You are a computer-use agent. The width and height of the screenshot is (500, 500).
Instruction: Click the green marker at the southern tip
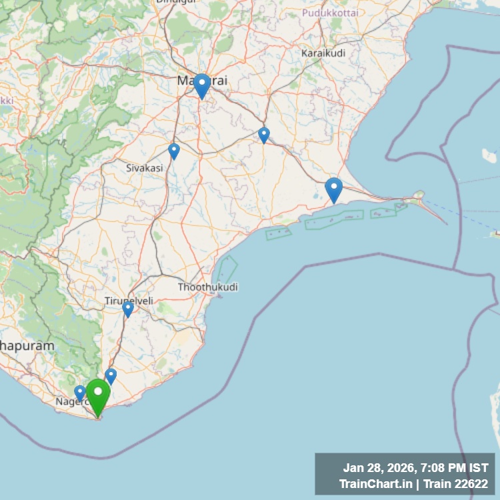click(98, 395)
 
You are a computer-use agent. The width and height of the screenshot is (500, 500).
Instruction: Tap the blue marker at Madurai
click(201, 85)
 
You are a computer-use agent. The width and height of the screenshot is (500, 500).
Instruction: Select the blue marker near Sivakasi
click(174, 151)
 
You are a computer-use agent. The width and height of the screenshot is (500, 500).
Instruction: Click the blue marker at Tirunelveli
click(127, 309)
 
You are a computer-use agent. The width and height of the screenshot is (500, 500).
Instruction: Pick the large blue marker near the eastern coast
click(334, 189)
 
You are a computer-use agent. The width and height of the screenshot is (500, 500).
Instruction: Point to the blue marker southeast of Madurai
click(264, 135)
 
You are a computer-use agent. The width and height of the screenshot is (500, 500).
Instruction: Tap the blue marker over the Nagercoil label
click(80, 393)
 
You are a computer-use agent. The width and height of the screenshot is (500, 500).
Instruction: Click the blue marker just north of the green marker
click(111, 376)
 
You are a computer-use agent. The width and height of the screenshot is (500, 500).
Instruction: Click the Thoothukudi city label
click(208, 287)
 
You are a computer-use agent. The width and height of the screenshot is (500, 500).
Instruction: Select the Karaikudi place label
click(323, 53)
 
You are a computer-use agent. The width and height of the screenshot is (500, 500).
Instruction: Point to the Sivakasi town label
click(145, 168)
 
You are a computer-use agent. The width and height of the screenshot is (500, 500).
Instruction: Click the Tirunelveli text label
click(129, 301)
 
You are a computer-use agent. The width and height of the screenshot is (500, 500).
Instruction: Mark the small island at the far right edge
click(495, 233)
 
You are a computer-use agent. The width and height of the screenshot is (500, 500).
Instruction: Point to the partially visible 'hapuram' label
click(27, 347)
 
